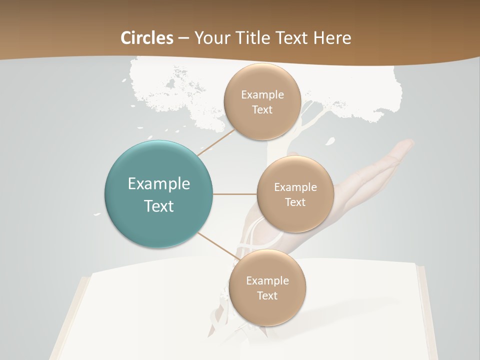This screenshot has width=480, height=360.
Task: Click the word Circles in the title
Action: point(146,38)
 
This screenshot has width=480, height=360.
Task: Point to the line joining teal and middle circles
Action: point(234,194)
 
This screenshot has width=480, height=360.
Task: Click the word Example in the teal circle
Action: point(158,184)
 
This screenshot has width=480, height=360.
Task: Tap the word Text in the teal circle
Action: point(158,206)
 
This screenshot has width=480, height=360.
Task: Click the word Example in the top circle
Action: point(262,94)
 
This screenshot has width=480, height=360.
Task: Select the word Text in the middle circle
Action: point(295,202)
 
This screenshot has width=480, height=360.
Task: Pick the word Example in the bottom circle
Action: point(267,280)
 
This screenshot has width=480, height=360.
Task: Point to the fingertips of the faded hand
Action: point(407,145)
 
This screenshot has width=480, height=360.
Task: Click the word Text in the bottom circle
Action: point(267,295)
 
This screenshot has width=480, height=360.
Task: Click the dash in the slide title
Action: point(183,38)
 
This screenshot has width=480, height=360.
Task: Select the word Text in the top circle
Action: point(262,109)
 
